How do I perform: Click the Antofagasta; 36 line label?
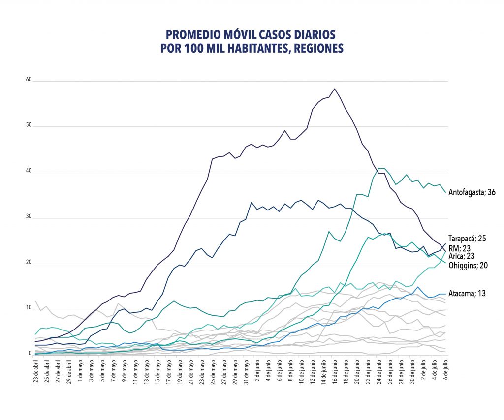pos(472,192)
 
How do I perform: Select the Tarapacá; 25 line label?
pos(468,239)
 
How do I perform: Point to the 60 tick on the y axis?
pos(29,80)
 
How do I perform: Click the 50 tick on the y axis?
pos(29,126)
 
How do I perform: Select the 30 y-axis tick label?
pos(29,217)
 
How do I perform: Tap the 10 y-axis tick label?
pos(29,308)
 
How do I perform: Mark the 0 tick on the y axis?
pos(30,354)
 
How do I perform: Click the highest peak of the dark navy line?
pos(335,89)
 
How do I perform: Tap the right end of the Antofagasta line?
pos(445,192)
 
